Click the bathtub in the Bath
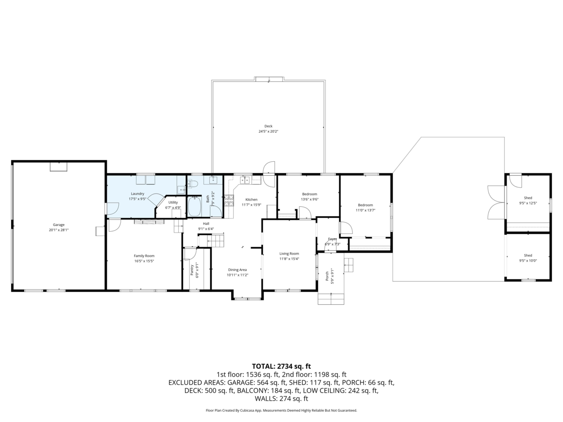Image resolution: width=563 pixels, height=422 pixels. click(194, 206)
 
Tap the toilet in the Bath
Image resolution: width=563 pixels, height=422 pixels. click(192, 183)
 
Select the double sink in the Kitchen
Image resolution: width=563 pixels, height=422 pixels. click(244, 180)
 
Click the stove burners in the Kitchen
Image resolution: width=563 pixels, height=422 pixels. click(229, 200)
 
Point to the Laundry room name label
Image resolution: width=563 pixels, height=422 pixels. click(137, 194)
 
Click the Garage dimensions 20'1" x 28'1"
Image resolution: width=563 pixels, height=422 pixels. click(59, 230)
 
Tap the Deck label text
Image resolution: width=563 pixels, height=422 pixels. click(268, 126)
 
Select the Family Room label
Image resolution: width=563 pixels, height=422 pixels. click(144, 256)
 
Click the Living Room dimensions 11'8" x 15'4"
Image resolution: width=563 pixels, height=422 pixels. click(289, 259)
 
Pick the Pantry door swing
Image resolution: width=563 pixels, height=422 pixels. click(190, 254)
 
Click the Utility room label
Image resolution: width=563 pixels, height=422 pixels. click(173, 203)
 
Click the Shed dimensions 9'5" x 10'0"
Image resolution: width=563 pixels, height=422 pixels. click(528, 261)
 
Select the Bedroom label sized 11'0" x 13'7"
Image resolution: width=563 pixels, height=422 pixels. click(365, 205)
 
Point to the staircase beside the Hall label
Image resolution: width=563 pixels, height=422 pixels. click(211, 240)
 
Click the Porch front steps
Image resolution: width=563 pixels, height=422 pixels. click(331, 299)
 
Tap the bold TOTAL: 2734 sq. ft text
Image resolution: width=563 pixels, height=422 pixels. click(281, 366)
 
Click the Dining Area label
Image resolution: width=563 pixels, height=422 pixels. click(237, 270)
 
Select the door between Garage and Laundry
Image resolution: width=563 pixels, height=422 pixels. click(112, 209)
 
